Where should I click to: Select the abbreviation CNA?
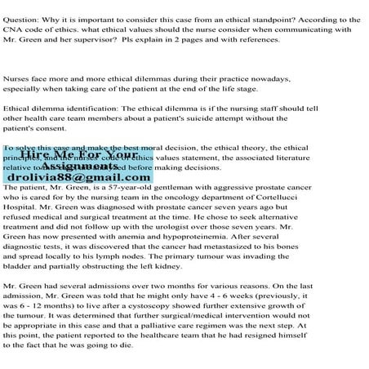(17, 28)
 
